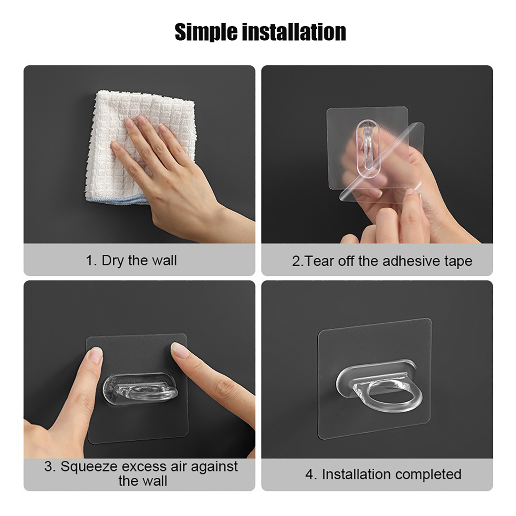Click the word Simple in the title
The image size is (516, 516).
coord(206,32)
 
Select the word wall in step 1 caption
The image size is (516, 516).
coord(164,260)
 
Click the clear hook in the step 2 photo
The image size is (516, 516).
coord(368,148)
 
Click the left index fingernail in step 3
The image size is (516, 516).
coord(95,355)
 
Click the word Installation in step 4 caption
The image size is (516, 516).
coord(356,474)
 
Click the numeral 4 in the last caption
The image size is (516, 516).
coord(309,475)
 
